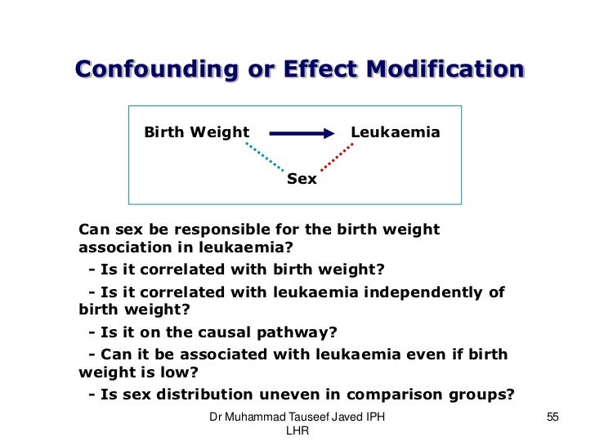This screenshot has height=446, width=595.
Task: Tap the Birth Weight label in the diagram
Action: (197, 132)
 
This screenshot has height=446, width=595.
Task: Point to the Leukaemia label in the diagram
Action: (396, 132)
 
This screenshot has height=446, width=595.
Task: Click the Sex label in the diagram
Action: (302, 179)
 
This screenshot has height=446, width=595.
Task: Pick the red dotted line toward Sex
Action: (336, 158)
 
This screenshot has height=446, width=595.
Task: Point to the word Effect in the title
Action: (313, 69)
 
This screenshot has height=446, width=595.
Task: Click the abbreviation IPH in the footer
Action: (374, 417)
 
